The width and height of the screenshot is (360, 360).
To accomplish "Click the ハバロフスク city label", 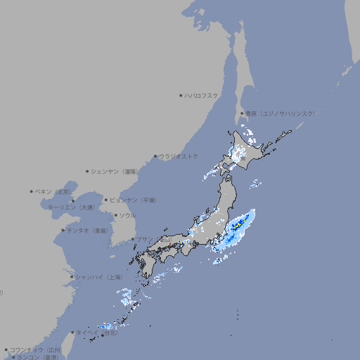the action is pyautogui.click(x=202, y=95).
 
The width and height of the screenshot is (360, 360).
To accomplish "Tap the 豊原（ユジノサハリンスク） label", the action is pyautogui.click(x=280, y=113).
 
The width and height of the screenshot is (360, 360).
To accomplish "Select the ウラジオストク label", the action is pyautogui.click(x=179, y=156).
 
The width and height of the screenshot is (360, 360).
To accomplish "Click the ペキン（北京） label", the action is pyautogui.click(x=54, y=191).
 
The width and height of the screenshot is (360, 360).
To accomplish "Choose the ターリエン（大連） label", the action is pyautogui.click(x=71, y=207).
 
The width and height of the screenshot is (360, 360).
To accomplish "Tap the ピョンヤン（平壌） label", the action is pyautogui.click(x=134, y=200).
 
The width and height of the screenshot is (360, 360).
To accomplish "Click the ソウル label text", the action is pyautogui.click(x=127, y=216).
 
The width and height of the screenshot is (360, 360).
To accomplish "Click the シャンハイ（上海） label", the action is pyautogui.click(x=98, y=278).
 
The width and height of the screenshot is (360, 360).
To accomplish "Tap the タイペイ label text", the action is pyautogui.click(x=88, y=333).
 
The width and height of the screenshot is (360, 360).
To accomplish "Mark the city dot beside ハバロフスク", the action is pyautogui.click(x=181, y=95).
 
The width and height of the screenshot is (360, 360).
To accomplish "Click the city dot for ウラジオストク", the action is pyautogui.click(x=155, y=156).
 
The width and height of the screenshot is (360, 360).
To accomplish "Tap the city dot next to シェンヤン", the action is pyautogui.click(x=87, y=171).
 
